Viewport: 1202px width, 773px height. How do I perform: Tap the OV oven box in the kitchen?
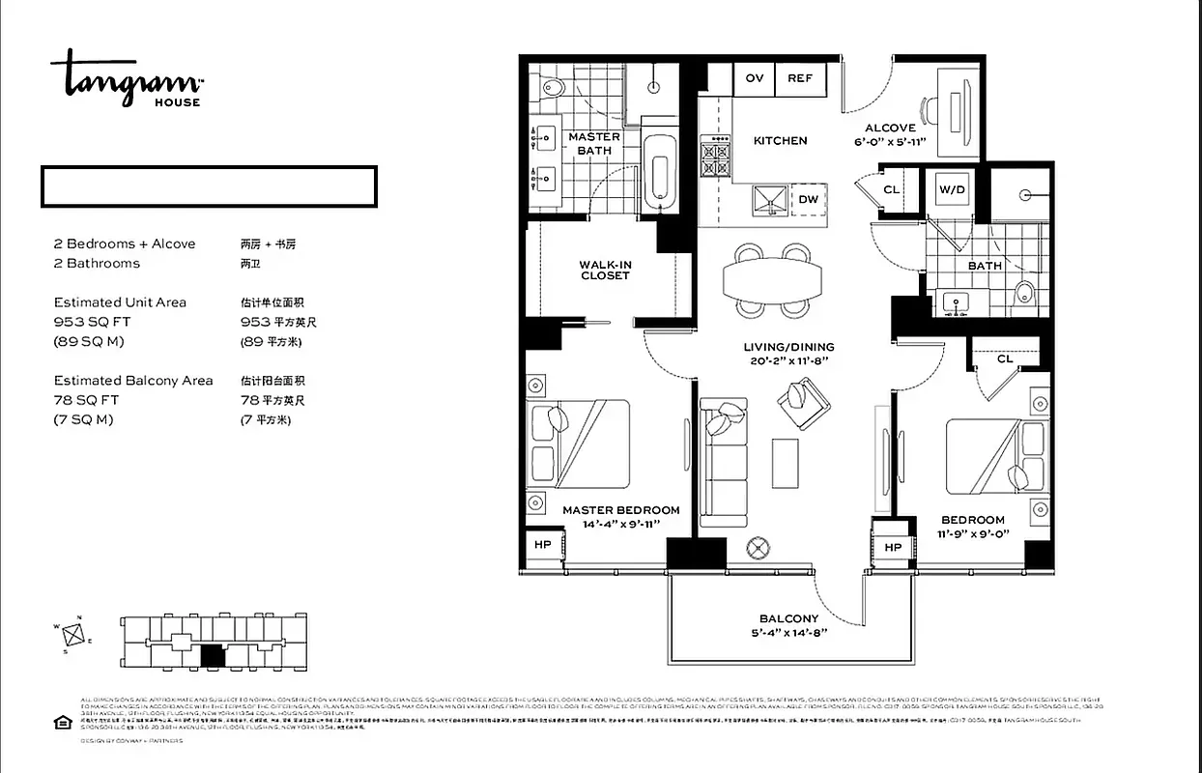coord(755,79)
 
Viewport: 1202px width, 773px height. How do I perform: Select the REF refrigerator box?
coord(800,79)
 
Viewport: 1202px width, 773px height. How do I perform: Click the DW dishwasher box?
coord(809,200)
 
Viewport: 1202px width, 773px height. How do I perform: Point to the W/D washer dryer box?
coord(952,190)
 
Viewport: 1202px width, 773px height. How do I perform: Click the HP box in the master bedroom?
coord(542,545)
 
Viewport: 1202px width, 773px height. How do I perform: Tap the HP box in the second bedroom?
coord(893,548)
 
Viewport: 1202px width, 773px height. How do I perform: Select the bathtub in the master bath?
coord(661,173)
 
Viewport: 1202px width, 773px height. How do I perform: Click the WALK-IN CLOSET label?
coord(605,270)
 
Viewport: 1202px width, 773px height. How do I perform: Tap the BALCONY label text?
coord(788,618)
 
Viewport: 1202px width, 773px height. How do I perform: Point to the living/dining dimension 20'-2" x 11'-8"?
coord(788,361)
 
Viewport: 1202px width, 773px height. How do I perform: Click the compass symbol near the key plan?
coord(73,635)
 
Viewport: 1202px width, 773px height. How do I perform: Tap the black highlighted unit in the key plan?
coord(213,656)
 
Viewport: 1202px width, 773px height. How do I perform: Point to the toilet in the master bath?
coord(552,87)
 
